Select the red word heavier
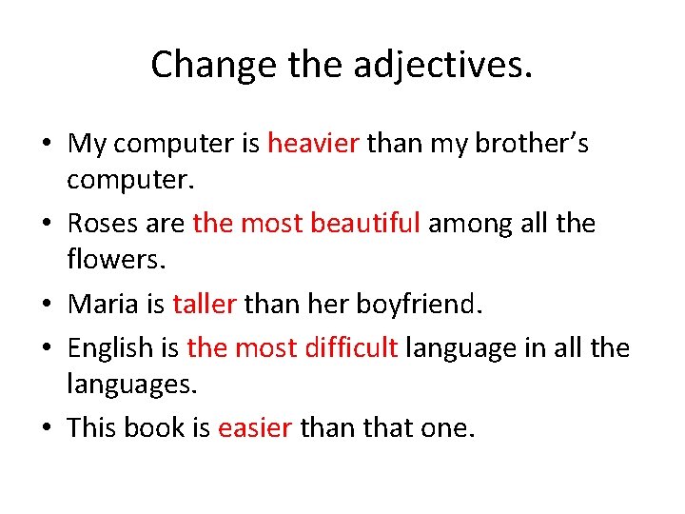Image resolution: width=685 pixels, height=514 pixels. pos(313,144)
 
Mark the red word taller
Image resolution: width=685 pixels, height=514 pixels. pos(204,304)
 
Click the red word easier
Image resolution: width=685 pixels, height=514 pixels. pos(255,427)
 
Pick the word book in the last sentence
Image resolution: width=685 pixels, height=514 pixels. pos(155,427)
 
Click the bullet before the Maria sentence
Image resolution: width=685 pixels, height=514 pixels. pos(47,305)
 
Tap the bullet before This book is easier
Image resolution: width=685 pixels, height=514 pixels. pos(47,428)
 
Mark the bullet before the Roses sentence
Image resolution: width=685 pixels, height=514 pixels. pos(47,225)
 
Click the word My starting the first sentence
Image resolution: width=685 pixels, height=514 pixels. pos(88,144)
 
